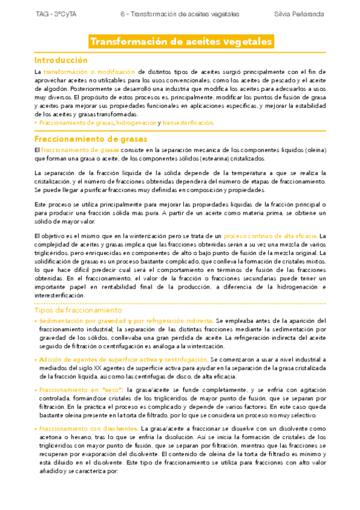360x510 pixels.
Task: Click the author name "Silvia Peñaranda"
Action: pyautogui.click(x=299, y=13)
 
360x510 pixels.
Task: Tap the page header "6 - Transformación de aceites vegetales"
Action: pyautogui.click(x=180, y=13)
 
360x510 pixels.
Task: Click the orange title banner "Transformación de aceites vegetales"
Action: pyautogui.click(x=180, y=41)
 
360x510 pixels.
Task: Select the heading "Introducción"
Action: pyautogui.click(x=61, y=60)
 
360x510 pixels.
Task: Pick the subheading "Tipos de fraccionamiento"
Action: pyautogui.click(x=78, y=311)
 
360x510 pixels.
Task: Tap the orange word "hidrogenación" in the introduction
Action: pyautogui.click(x=136, y=123)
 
